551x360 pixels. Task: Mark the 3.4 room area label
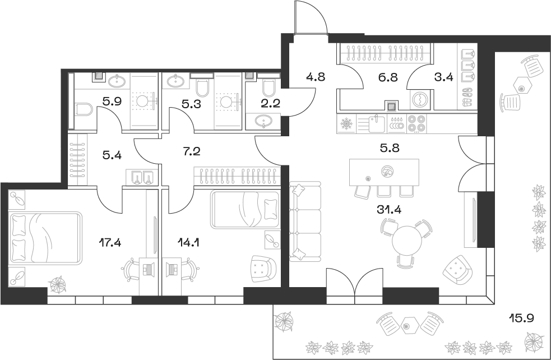click(443, 78)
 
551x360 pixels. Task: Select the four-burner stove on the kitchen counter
click(416, 123)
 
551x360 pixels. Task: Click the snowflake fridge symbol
click(346, 123)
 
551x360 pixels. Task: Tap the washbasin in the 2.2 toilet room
click(263, 121)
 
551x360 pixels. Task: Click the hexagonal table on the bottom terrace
click(408, 325)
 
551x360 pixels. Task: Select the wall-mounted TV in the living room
click(474, 219)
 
